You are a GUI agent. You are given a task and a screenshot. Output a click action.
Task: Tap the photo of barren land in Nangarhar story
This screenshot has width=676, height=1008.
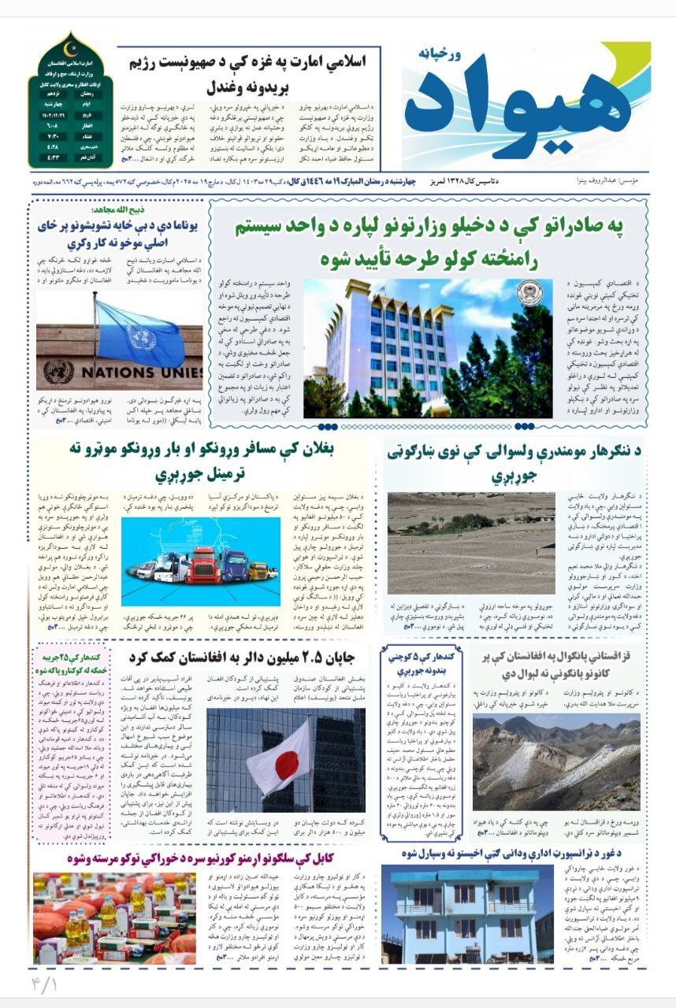tap(470, 543)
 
